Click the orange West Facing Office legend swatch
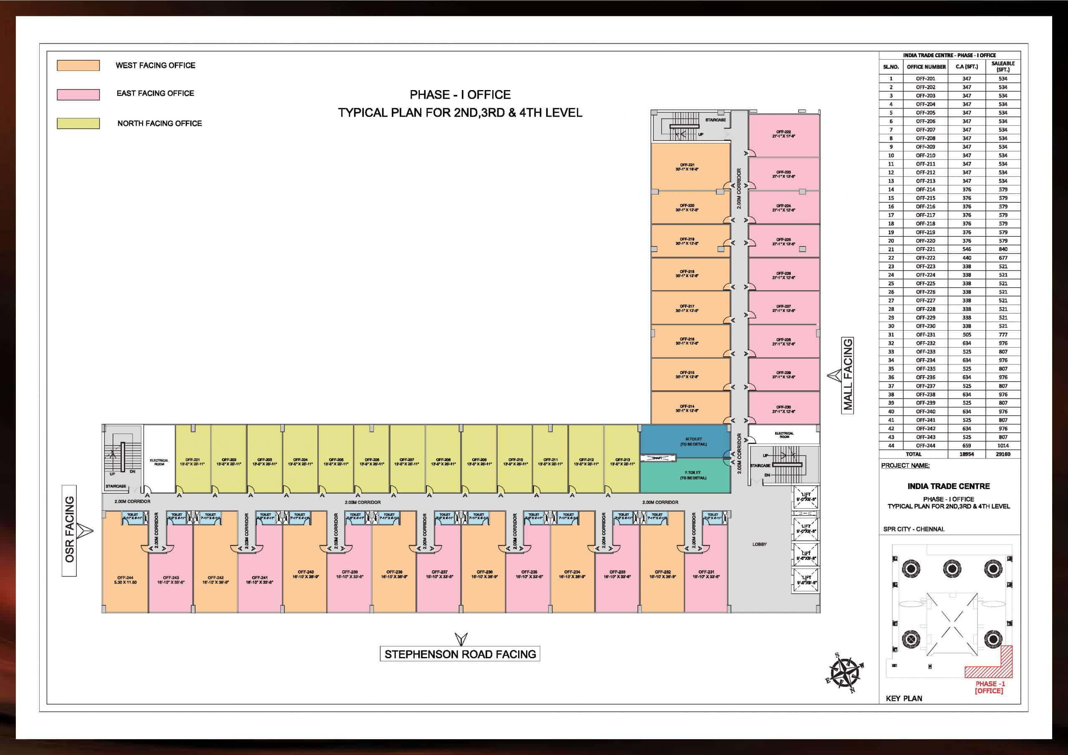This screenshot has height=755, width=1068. click(78, 65)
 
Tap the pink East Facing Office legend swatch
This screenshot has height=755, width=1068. click(78, 95)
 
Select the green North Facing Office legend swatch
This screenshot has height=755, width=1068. click(78, 123)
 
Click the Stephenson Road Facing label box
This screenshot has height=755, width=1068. click(460, 654)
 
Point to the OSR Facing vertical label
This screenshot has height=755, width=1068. click(69, 530)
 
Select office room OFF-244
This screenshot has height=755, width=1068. click(125, 572)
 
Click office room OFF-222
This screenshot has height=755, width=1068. click(784, 135)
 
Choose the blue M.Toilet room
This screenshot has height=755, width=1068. click(685, 441)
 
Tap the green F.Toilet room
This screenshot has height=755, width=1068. click(685, 476)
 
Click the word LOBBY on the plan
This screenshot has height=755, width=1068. click(760, 544)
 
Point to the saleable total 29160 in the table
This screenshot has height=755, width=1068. click(1003, 454)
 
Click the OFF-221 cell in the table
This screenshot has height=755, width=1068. click(925, 249)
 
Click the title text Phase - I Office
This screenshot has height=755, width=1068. click(460, 95)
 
